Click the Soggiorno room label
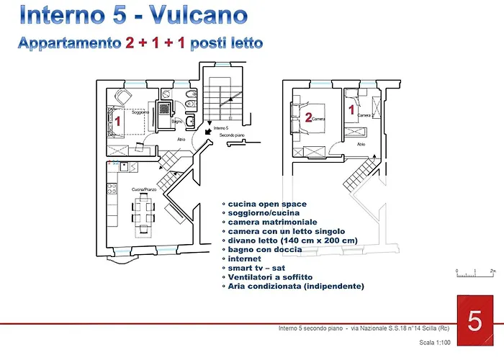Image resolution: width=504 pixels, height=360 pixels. (140, 112)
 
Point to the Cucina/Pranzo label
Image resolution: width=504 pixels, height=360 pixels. (144, 189)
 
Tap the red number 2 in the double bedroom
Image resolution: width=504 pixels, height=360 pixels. (308, 118)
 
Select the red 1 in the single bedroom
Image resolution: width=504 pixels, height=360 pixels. (352, 110)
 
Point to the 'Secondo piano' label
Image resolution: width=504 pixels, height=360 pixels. (233, 135)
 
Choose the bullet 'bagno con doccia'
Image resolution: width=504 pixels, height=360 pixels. (264, 249)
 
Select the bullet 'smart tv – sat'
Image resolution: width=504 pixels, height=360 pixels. (257, 268)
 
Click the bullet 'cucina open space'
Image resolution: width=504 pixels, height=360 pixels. (266, 204)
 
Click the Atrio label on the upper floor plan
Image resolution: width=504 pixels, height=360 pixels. (361, 144)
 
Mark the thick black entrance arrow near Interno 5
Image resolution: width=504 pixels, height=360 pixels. (207, 132)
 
